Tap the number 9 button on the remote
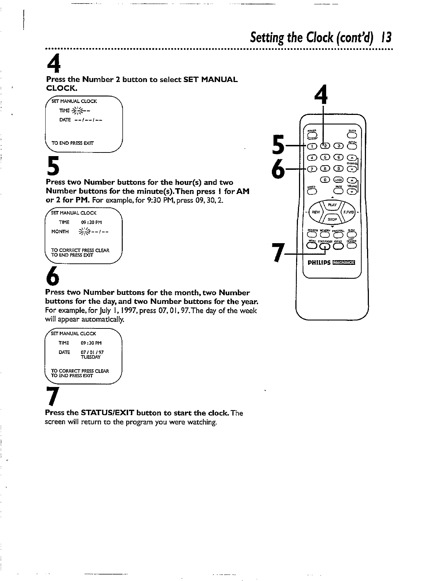click(338, 169)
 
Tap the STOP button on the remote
click(332, 219)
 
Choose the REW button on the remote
click(316, 212)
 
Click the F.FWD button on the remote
click(349, 212)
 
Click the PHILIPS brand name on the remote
click(319, 263)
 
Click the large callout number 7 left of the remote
click(278, 252)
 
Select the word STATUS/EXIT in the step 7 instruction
click(108, 413)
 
